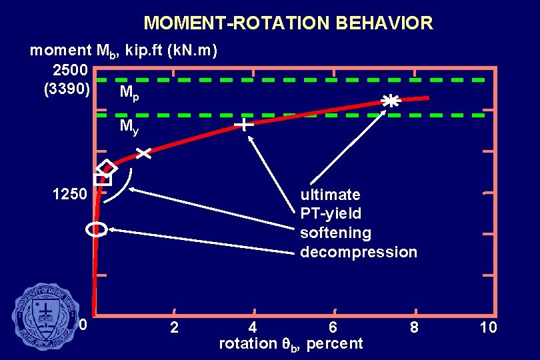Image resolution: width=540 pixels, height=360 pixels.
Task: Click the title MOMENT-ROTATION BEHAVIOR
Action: [288, 23]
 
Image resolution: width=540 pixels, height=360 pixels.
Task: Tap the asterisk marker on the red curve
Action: [391, 101]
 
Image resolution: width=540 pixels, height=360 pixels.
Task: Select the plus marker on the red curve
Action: [245, 125]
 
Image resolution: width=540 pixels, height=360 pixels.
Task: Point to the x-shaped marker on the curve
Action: [143, 154]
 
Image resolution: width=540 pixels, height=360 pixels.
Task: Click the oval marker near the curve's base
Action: [97, 229]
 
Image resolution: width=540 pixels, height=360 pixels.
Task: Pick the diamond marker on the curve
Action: [106, 167]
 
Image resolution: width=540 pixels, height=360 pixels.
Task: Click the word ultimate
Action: [330, 195]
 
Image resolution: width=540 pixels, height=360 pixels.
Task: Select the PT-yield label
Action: [331, 213]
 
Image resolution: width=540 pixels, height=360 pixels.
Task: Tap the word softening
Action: [335, 233]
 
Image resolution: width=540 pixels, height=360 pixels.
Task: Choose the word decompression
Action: [358, 252]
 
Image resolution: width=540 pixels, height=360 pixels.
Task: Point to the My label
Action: [129, 127]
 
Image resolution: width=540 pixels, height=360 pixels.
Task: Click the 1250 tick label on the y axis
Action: [69, 195]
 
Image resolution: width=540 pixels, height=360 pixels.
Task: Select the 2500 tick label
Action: [69, 69]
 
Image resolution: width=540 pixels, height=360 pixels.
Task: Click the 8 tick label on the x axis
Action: [414, 327]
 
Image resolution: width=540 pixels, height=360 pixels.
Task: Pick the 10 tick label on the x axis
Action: [488, 327]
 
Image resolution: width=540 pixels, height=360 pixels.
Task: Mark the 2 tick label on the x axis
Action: [174, 327]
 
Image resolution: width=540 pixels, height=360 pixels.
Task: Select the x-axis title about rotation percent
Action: [291, 343]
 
